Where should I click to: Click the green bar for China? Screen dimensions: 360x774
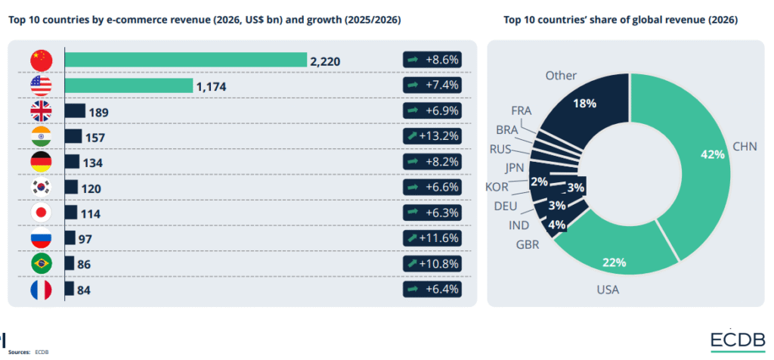185,60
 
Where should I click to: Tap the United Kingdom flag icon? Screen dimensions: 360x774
40,111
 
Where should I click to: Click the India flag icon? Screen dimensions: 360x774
40,137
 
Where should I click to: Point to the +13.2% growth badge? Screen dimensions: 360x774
432,137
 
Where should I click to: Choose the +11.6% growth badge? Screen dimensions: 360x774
432,238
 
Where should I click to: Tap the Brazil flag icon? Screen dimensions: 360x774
40,264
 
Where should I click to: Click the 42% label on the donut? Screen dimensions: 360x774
711,154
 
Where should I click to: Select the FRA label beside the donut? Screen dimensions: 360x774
521,110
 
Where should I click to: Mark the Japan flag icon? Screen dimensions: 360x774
40,213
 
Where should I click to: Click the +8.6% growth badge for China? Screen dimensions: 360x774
432,60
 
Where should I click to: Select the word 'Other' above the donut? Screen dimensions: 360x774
560,76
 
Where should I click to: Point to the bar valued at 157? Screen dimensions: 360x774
73,137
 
